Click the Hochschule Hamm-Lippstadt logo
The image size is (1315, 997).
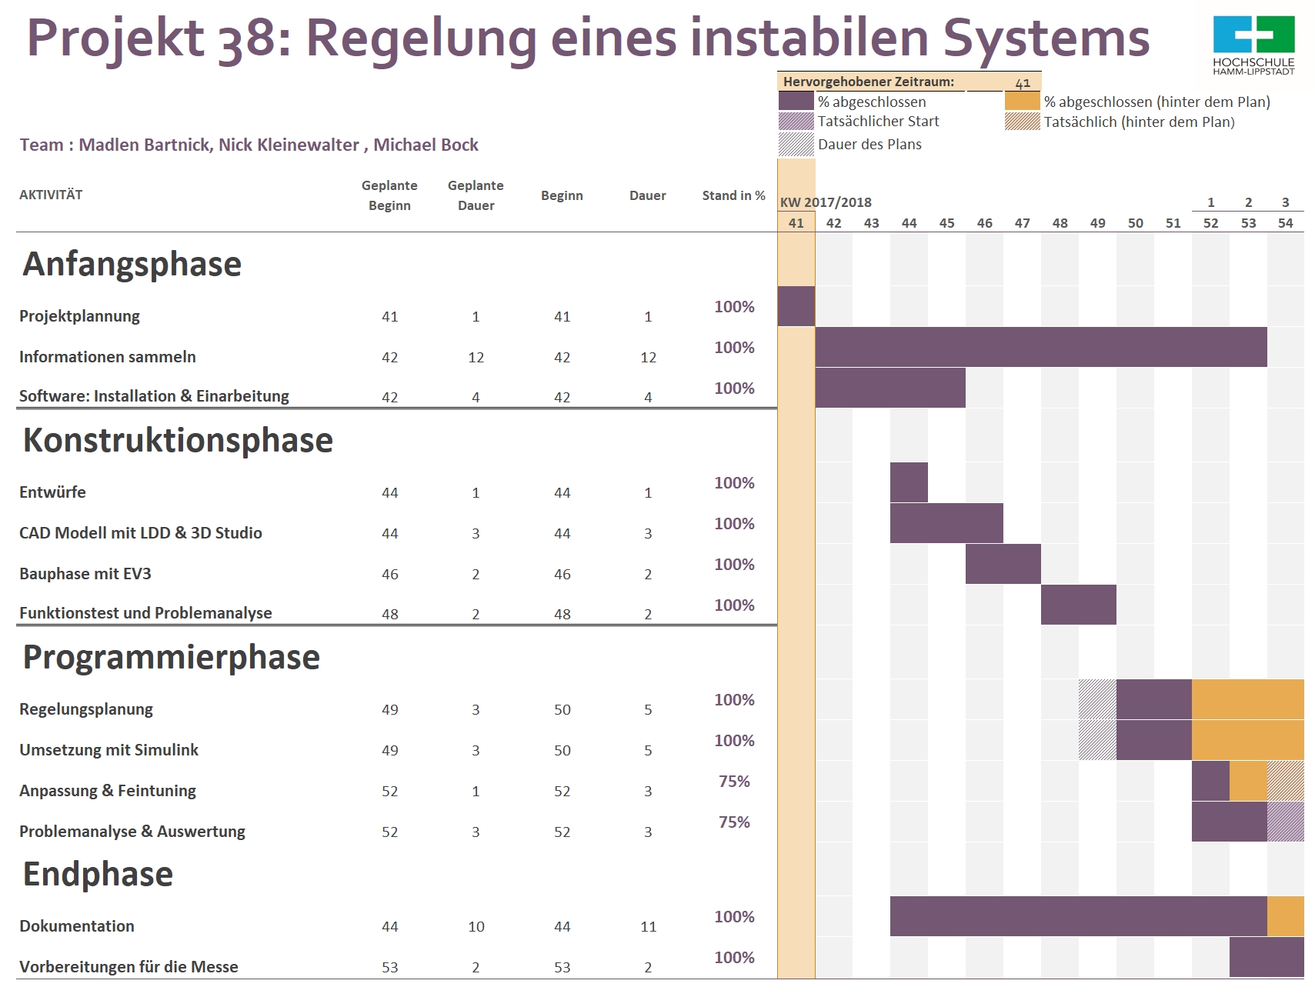point(1253,45)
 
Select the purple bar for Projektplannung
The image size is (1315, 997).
point(796,306)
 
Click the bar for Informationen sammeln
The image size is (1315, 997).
point(1041,347)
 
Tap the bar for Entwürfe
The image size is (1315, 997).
point(909,482)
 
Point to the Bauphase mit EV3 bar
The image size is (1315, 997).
point(1003,564)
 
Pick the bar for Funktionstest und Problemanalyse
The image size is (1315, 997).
point(1079,605)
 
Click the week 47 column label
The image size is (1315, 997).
point(1022,223)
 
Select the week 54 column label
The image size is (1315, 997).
point(1285,223)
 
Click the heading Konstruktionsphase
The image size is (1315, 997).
point(178,440)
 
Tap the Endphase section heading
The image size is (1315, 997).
point(98,875)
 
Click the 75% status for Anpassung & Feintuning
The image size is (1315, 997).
point(734,782)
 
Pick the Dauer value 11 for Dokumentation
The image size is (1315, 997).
point(648,927)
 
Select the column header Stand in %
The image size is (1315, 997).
point(733,195)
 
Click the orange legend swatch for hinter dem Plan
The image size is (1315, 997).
point(1022,101)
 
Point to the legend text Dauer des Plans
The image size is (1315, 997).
point(869,145)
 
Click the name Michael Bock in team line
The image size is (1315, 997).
point(426,145)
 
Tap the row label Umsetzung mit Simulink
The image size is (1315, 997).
point(108,750)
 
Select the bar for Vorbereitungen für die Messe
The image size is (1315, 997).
point(1267,957)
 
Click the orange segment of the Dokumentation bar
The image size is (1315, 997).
point(1286,916)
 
